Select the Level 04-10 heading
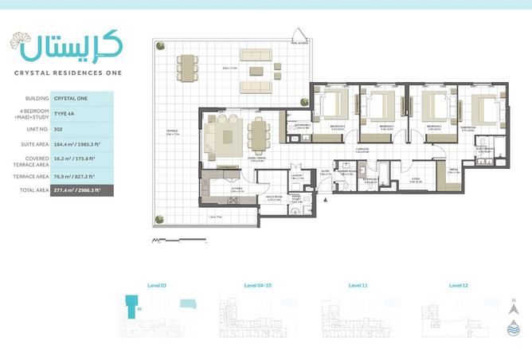pos(257,284)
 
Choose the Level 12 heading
pos(459,284)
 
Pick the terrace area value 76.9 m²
pos(72,175)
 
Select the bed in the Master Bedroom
pos(483,107)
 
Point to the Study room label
pos(415,181)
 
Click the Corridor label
pos(362,148)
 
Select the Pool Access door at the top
pos(300,35)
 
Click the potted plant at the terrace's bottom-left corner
pos(158,218)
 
